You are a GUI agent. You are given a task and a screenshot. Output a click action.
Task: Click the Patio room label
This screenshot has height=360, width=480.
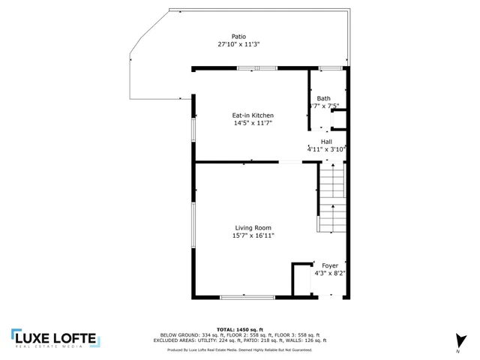(238, 36)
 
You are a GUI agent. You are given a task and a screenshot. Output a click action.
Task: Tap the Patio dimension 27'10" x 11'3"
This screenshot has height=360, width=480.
(238, 44)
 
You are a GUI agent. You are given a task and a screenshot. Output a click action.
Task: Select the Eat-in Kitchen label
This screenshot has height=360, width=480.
(253, 115)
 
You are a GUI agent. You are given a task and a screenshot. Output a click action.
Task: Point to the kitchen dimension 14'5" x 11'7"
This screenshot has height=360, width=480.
(253, 123)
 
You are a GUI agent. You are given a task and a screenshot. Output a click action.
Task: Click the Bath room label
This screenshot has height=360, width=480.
(323, 98)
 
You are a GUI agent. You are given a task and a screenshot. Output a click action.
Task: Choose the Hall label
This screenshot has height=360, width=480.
(326, 142)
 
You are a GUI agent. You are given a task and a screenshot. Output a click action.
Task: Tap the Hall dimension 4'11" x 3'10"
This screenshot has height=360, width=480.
(325, 149)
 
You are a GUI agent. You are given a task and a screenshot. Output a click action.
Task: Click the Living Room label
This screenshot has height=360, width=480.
(253, 228)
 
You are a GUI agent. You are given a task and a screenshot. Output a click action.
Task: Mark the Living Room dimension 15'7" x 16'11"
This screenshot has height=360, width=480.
(253, 236)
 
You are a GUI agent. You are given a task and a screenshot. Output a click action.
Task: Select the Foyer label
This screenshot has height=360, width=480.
(330, 265)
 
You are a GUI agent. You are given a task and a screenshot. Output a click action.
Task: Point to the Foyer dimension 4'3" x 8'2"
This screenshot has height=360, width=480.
(330, 274)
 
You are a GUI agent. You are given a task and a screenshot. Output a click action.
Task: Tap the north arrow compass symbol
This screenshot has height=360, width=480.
(457, 340)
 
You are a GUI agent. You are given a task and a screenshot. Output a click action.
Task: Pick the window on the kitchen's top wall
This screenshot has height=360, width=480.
(256, 69)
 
